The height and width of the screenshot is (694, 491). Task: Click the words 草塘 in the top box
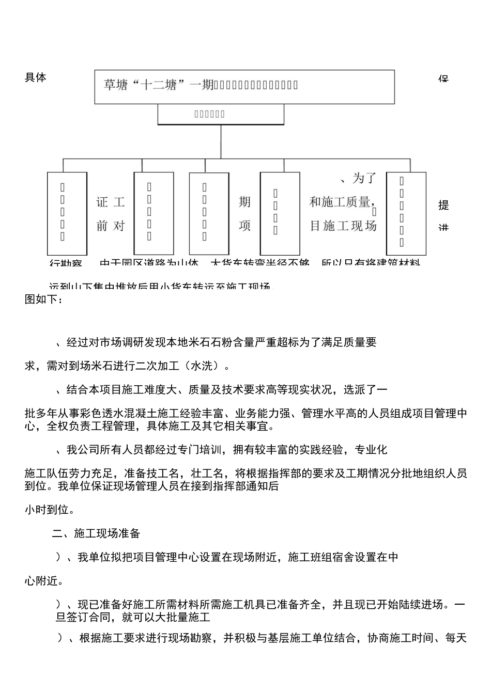[116, 85]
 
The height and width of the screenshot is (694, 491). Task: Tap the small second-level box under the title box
[221, 114]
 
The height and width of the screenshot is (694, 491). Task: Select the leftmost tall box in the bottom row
[67, 213]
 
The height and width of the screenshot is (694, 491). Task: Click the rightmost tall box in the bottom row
[406, 213]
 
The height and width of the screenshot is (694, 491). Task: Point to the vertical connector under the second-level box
[221, 141]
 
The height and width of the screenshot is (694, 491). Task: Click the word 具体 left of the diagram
[36, 77]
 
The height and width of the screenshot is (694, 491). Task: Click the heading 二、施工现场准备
[96, 533]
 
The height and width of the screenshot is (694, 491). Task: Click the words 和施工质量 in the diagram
[340, 202]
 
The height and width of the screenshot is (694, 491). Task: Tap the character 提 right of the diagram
[443, 205]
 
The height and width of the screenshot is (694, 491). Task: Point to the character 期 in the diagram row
[244, 202]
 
